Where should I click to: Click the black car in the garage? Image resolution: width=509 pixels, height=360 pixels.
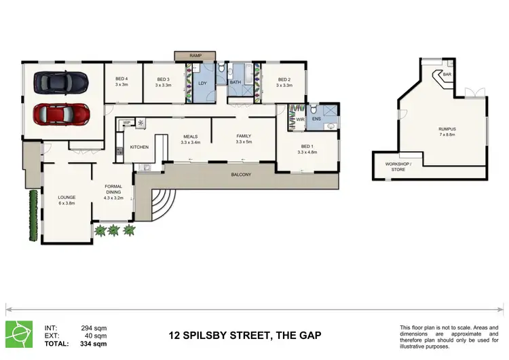[62, 82]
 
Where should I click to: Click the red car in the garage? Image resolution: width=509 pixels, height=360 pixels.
[62, 115]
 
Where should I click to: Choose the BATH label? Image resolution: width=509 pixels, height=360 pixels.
[235, 83]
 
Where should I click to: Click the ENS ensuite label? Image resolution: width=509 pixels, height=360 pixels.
[316, 120]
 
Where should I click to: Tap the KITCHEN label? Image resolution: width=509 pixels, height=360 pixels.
[139, 147]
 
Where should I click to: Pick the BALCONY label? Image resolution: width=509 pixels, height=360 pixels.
[241, 175]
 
